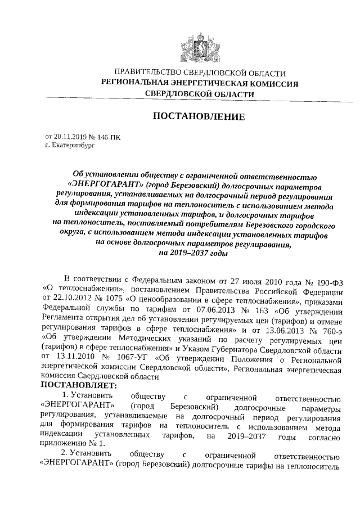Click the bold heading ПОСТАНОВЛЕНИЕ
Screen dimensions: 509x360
pos(199,117)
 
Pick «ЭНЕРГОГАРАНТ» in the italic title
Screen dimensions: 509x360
pos(105,184)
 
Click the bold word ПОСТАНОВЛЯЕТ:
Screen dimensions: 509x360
pos(78,386)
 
